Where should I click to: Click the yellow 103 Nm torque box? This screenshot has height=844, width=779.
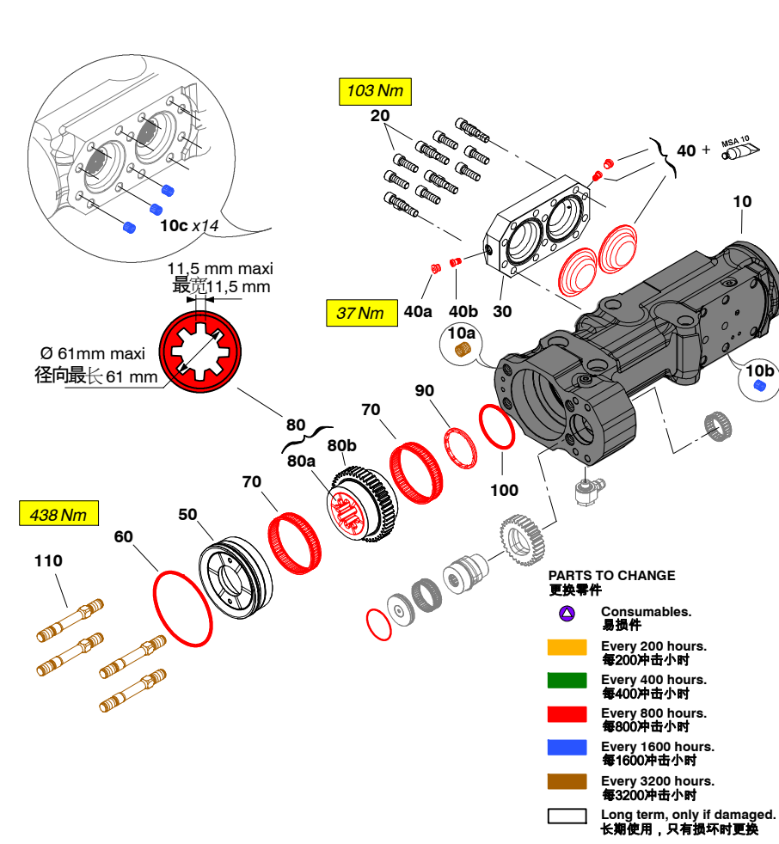coord(374,90)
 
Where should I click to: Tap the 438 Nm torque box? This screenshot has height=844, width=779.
coord(58,514)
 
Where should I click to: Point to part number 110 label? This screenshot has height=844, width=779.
coord(48,561)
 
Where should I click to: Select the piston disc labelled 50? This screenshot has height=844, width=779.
coord(235,577)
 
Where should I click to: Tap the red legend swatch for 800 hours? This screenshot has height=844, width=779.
coord(567,714)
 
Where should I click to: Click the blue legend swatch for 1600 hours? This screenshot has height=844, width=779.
coord(567,748)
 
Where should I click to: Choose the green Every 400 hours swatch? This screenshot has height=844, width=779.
coord(567,681)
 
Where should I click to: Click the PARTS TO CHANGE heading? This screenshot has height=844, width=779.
coord(611,576)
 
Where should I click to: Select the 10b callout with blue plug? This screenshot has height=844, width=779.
coord(758,377)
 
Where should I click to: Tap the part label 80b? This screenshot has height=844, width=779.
coord(341,445)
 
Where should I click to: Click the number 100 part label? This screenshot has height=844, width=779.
coord(504,490)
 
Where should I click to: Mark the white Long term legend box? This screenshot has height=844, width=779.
coord(567,816)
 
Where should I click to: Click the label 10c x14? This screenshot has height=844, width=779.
coord(189,225)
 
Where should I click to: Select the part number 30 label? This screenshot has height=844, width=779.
coord(502,311)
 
